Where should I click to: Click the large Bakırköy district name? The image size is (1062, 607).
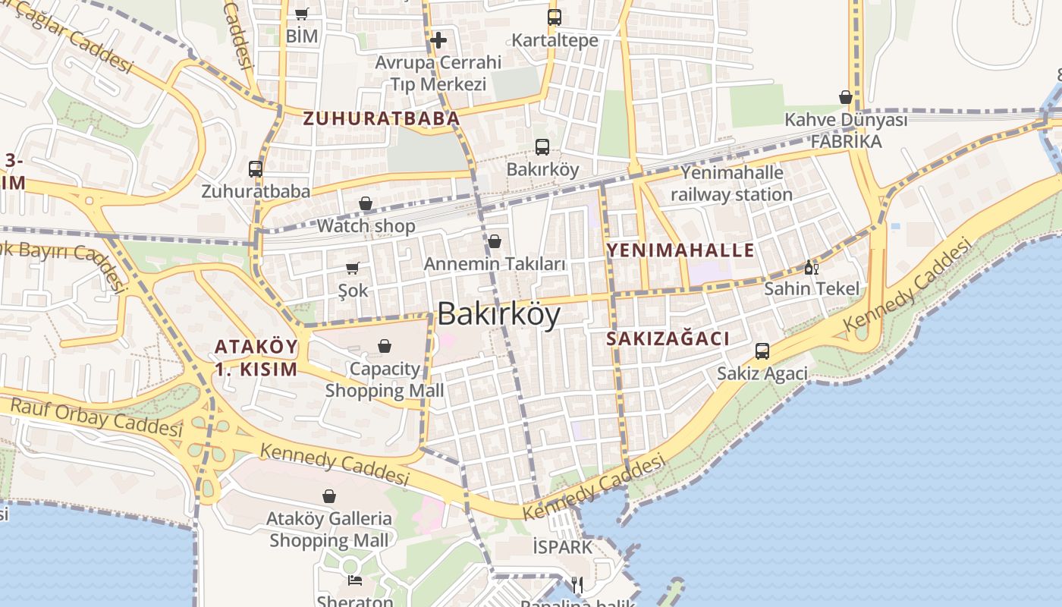[499, 313]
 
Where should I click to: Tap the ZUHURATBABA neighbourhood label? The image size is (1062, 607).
[382, 118]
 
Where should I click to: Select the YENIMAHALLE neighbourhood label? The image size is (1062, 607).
[680, 250]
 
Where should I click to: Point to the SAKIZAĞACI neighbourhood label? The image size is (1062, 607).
[668, 339]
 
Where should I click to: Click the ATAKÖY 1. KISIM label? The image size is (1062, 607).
[256, 358]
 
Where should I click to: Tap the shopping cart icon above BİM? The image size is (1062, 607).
[301, 14]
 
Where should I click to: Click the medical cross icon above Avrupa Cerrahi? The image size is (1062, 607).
[438, 40]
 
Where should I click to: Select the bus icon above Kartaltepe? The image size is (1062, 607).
[555, 17]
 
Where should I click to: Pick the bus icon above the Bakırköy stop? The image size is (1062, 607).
[542, 147]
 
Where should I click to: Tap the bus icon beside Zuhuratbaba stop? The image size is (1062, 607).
[256, 168]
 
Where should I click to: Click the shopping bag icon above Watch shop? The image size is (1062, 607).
[366, 203]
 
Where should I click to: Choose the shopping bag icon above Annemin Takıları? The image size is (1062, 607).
[495, 241]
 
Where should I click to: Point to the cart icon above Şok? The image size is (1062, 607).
[353, 268]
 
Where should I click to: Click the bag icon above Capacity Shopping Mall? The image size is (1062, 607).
[385, 346]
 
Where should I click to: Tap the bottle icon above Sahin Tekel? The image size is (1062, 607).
[811, 267]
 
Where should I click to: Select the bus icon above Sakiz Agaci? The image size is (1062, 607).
[762, 351]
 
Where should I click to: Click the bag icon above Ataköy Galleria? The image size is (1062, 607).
[329, 496]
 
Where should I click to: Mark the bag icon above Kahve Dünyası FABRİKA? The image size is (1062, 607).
[846, 97]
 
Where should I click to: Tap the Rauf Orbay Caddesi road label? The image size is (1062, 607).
[96, 417]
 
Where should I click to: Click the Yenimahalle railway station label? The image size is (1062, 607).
[731, 184]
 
